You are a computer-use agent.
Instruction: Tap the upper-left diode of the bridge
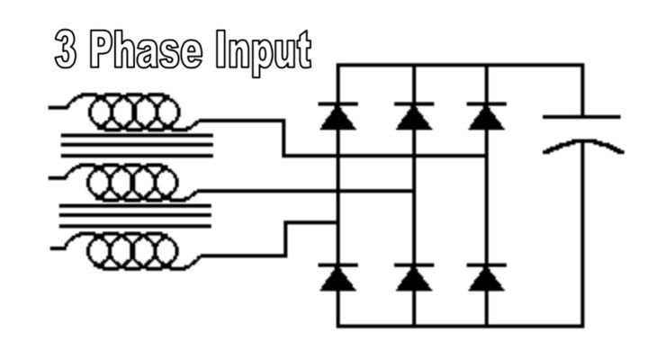(338, 116)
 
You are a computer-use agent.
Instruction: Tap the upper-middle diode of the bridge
(413, 116)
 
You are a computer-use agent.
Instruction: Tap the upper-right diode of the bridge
(486, 116)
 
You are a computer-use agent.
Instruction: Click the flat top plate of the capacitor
(581, 117)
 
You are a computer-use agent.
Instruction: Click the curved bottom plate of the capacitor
(581, 144)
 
